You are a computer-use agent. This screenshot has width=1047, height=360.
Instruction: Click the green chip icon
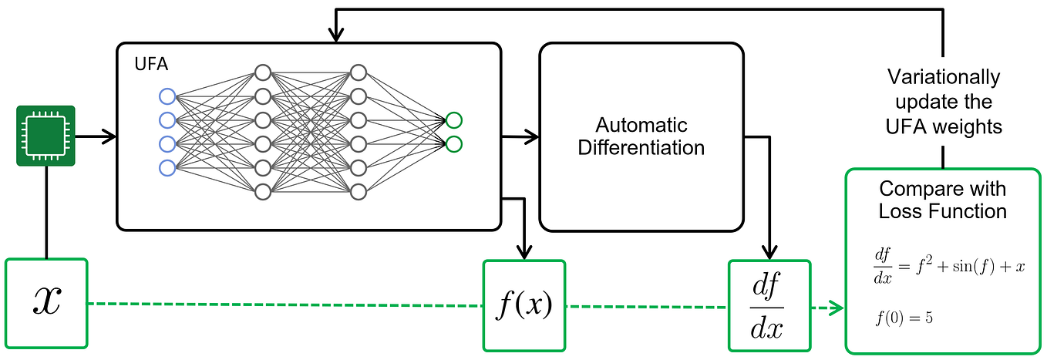(45, 136)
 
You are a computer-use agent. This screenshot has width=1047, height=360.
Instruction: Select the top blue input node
(167, 96)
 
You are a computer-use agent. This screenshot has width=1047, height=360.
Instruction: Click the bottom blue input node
(167, 167)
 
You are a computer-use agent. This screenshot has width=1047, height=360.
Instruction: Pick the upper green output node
(453, 120)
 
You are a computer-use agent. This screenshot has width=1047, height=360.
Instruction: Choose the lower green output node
(453, 143)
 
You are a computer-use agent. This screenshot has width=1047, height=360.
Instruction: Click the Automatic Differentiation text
(641, 136)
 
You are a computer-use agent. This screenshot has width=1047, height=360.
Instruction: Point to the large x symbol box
(46, 303)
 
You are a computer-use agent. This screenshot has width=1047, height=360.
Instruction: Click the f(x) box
(523, 305)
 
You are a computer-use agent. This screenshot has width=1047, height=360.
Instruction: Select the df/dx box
(769, 305)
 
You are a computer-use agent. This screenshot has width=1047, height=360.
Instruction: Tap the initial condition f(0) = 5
(904, 318)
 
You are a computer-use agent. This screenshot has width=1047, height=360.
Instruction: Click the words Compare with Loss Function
(942, 200)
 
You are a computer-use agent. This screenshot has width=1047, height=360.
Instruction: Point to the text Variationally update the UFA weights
(943, 101)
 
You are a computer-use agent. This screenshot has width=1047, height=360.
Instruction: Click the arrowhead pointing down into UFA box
(335, 35)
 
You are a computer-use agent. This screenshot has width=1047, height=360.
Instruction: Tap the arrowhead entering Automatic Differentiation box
(532, 137)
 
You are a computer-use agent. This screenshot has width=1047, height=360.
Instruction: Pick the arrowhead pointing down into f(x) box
(524, 252)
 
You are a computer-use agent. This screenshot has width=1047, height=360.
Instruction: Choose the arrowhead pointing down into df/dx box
(769, 252)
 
